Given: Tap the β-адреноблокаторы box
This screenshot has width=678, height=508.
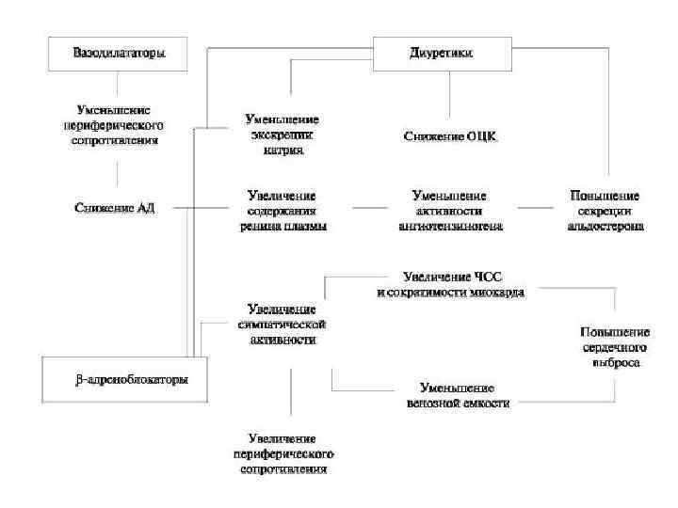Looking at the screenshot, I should click(121, 380).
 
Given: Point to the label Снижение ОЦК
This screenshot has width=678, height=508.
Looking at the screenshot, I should click(449, 136).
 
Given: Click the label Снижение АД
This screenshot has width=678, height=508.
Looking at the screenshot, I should click(116, 208).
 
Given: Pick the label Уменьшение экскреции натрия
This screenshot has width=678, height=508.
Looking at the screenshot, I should click(282, 135).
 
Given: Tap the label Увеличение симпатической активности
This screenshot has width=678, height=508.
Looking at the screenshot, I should click(282, 323).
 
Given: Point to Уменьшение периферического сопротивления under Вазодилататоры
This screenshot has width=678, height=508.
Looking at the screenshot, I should click(116, 124).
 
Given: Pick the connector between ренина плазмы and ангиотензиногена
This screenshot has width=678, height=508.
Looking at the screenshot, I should click(367, 207).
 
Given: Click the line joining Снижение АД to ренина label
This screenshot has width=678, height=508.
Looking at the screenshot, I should click(193, 207).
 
